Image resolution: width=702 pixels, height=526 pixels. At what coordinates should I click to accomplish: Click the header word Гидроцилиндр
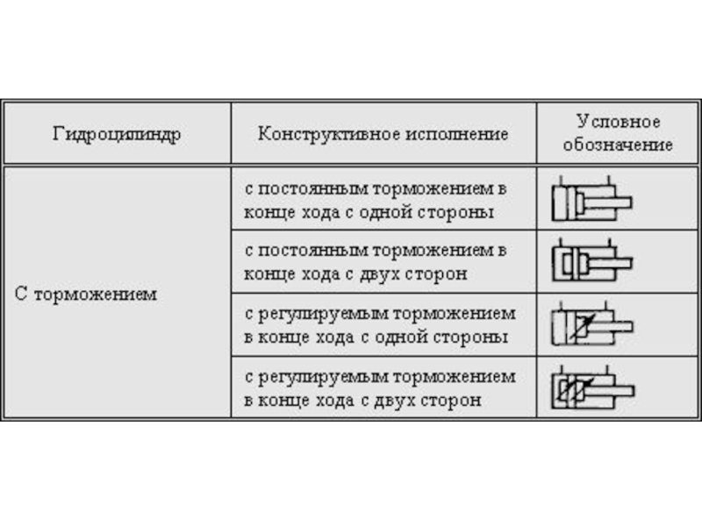(116, 135)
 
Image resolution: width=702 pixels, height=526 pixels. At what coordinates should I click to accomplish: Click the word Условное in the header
(618, 122)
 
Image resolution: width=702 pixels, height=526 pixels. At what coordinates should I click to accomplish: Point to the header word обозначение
(618, 146)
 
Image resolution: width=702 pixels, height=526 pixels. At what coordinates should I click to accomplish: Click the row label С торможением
(86, 294)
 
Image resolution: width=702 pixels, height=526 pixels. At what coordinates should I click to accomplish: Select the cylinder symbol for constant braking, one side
(591, 200)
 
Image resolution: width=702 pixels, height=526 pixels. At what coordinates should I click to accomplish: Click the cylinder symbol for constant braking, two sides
(591, 260)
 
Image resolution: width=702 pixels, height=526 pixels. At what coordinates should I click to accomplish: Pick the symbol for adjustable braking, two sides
(591, 387)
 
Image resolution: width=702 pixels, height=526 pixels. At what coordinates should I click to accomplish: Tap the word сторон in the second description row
(439, 274)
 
